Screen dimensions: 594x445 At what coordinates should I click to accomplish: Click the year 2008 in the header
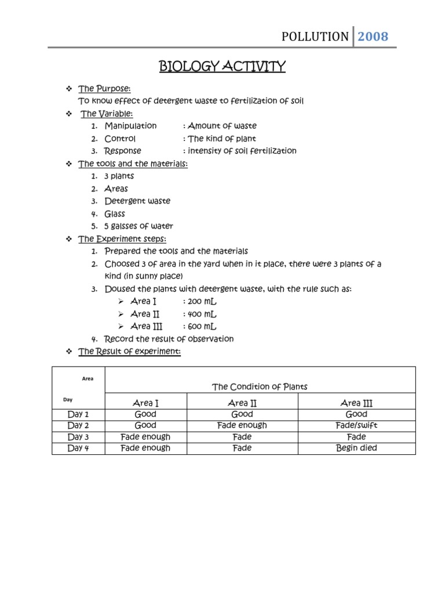click(x=373, y=37)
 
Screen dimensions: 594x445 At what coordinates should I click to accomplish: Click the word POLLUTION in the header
click(x=315, y=37)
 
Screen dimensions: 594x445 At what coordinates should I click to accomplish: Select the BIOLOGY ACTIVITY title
click(x=222, y=67)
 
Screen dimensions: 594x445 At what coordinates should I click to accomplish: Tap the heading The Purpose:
click(x=104, y=89)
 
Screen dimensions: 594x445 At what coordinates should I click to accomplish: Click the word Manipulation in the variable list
click(x=130, y=126)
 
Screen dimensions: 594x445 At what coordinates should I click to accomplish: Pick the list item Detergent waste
click(x=137, y=201)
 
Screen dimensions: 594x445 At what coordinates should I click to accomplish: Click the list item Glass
click(x=115, y=214)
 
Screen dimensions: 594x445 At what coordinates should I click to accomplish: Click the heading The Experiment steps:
click(x=122, y=239)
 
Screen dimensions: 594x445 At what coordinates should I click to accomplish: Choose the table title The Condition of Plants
click(x=260, y=387)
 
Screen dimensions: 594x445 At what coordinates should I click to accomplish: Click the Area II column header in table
click(x=242, y=403)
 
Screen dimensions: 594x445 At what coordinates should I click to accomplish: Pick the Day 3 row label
click(x=78, y=437)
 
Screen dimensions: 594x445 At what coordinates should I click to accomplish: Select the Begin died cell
click(x=356, y=448)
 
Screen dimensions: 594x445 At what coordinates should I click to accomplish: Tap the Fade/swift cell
click(x=356, y=425)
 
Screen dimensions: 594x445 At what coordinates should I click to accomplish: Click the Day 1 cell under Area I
click(x=145, y=414)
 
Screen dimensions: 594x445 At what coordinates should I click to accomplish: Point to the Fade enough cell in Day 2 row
click(x=242, y=425)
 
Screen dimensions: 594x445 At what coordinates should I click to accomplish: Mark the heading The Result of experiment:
click(x=129, y=352)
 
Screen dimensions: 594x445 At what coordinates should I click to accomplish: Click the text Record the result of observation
click(x=169, y=339)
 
